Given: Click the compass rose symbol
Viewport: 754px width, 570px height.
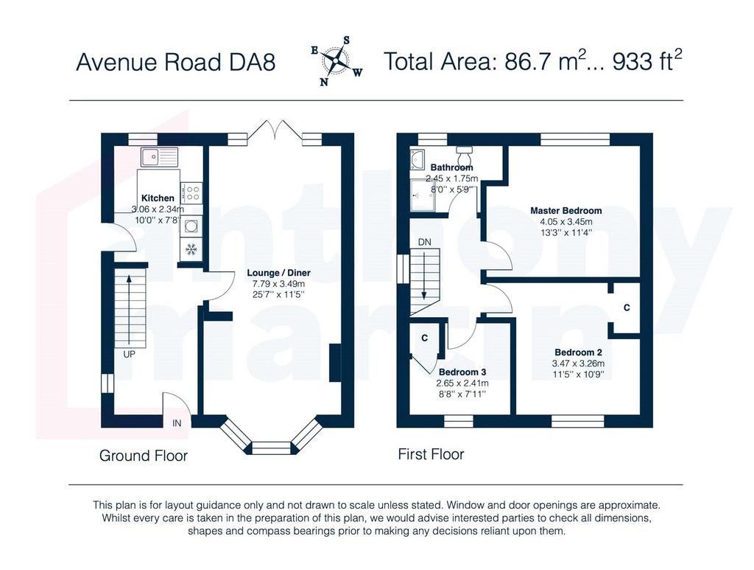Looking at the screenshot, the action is [x=337, y=61].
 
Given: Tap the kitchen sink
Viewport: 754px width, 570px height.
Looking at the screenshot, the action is [x=159, y=156].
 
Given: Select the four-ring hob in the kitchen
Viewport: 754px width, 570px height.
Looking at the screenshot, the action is [x=191, y=192].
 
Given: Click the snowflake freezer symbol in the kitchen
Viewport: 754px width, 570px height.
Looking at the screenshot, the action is [x=191, y=249].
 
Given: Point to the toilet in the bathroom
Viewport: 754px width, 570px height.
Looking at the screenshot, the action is [x=464, y=156].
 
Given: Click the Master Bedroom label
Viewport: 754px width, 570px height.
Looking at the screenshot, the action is [x=566, y=210].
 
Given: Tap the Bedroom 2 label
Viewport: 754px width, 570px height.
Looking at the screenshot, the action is [x=578, y=352].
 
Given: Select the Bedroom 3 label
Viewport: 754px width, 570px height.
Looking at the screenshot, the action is [x=462, y=372].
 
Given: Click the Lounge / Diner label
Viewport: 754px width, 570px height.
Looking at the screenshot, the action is [x=278, y=273].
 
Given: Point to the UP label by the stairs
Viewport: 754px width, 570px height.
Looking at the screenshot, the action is [x=129, y=355].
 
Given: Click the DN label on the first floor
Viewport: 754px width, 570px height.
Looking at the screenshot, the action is [x=425, y=242].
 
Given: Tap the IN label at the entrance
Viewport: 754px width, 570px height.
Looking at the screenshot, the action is [x=177, y=423].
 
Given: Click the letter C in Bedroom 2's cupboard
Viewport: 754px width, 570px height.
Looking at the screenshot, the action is [x=627, y=307].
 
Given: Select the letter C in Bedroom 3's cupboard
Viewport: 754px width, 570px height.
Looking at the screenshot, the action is [x=425, y=338].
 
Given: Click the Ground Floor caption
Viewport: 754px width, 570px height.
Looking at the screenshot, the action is [x=144, y=456].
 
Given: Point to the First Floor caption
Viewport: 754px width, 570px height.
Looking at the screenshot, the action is [x=431, y=454].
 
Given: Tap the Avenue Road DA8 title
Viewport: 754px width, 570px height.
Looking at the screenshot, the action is [x=175, y=63].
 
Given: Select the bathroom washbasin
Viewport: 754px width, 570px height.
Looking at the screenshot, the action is [x=417, y=159].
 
